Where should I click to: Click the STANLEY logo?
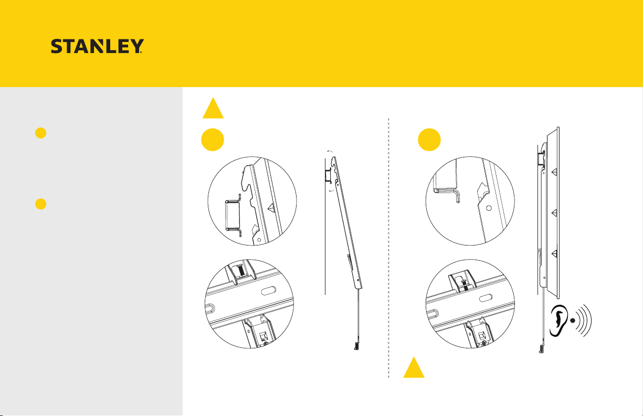97,46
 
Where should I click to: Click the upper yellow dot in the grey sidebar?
41,133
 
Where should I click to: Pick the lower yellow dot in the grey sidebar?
41,204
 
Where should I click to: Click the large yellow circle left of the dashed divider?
213,140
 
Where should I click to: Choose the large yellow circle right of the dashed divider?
429,140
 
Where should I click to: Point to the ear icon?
558,321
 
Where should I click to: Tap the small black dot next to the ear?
573,321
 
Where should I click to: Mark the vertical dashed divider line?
388,248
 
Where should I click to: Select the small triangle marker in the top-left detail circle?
271,207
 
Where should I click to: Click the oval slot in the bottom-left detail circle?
269,291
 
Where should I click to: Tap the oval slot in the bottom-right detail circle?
486,298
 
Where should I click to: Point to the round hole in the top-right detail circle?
489,208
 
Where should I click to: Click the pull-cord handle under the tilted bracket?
356,346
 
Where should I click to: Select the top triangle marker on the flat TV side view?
555,172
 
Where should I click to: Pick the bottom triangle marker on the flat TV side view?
555,253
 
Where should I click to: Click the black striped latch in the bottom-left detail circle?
241,271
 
